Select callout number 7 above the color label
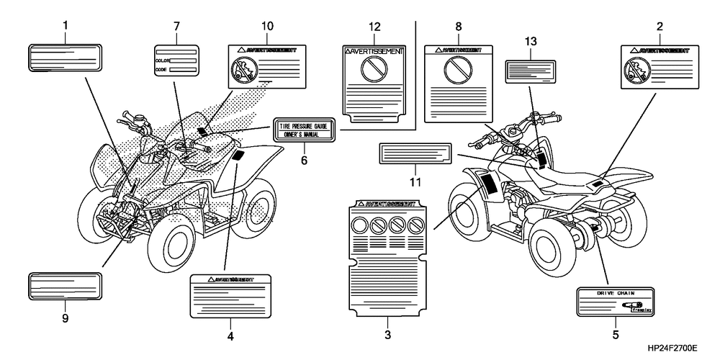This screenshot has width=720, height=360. tap(176, 27)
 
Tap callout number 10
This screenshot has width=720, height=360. tap(267, 27)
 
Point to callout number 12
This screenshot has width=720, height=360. tap(374, 27)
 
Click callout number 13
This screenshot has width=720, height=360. tap(531, 42)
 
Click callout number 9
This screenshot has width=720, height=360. tap(65, 318)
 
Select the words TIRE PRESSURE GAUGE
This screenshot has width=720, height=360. tap(304, 125)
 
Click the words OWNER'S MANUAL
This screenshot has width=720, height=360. tap(304, 133)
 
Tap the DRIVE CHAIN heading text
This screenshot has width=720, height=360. tap(616, 294)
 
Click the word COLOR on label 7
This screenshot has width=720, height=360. tap(162, 60)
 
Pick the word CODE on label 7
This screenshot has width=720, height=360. tap(161, 70)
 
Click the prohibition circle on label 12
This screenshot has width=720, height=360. tap(374, 70)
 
